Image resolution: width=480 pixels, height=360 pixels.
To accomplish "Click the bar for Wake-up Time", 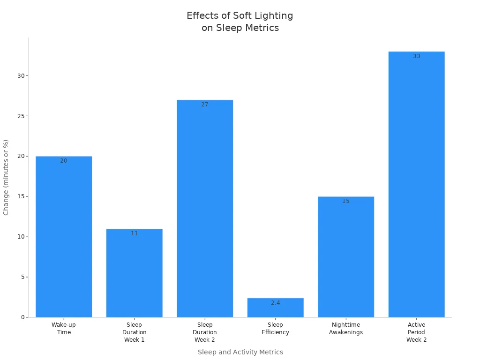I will (x=64, y=237).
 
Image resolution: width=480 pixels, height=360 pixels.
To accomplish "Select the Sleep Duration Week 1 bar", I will (x=134, y=273).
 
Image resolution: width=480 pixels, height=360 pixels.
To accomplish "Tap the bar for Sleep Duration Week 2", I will (x=205, y=209).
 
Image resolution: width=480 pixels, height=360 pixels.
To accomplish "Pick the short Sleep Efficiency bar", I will (x=275, y=308).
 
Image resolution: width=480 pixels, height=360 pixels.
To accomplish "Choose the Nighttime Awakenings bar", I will (x=346, y=257).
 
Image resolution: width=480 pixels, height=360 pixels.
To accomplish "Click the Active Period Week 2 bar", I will (x=416, y=184).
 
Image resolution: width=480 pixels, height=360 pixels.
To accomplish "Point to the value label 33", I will (x=416, y=56).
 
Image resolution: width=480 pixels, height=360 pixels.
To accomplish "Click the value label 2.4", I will (x=275, y=303).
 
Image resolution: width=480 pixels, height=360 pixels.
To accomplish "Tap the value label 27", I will (x=205, y=105).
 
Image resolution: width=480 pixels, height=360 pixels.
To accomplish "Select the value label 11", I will (x=134, y=233).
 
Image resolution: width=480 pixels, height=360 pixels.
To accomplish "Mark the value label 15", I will (x=346, y=201).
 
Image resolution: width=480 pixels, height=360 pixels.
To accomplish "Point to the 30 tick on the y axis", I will (x=20, y=76).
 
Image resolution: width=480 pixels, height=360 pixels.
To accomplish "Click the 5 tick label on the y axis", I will (x=22, y=277).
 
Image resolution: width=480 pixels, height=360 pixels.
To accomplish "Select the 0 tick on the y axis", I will (x=22, y=317).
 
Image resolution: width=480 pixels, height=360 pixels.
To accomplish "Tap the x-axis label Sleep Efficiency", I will (x=275, y=329).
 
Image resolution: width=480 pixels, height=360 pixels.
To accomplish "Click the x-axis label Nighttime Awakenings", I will (x=346, y=329).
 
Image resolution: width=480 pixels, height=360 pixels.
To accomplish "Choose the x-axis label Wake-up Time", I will (x=64, y=329).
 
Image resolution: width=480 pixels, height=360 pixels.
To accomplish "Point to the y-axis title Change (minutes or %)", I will (x=6, y=177).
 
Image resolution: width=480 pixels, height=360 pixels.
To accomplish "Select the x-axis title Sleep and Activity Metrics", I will (x=240, y=352).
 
